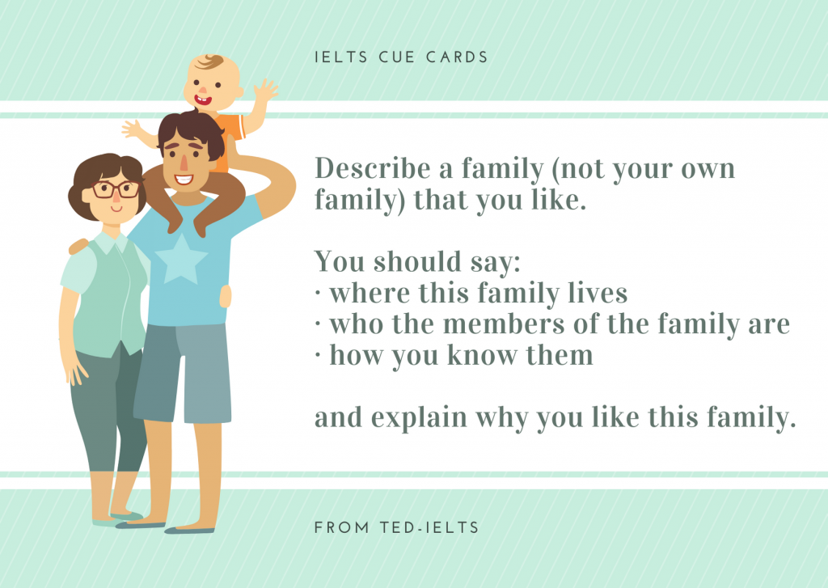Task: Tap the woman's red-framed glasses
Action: point(115,190)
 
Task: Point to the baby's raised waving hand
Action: point(264,91)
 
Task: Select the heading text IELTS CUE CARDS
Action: point(401,57)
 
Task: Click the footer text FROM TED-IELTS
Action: point(396,527)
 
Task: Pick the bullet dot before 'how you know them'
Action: point(318,356)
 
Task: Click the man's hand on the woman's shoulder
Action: point(78,245)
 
